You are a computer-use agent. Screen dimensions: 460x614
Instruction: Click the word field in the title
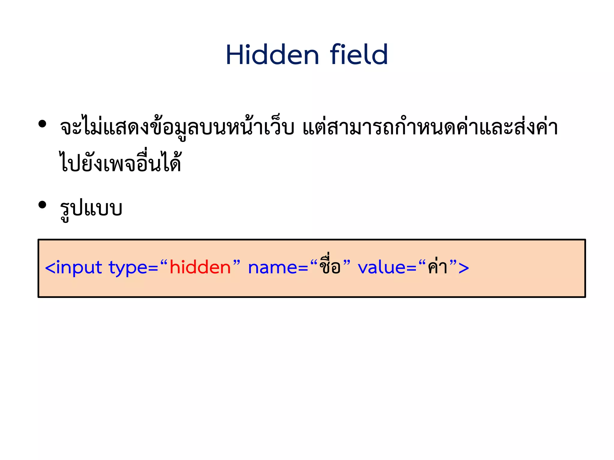(x=359, y=55)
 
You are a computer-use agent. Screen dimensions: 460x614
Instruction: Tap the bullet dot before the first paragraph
(x=42, y=124)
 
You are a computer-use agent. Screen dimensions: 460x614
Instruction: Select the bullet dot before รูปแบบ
(x=42, y=205)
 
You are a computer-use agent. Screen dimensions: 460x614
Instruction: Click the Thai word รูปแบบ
(x=91, y=209)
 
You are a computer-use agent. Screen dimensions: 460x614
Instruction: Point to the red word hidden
(x=200, y=267)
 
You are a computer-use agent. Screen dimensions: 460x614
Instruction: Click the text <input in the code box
(x=73, y=267)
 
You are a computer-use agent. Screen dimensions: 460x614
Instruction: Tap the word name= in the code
(x=278, y=267)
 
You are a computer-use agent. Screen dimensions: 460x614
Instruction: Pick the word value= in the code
(x=387, y=267)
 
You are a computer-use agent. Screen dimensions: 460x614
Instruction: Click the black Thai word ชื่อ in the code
(x=330, y=265)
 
